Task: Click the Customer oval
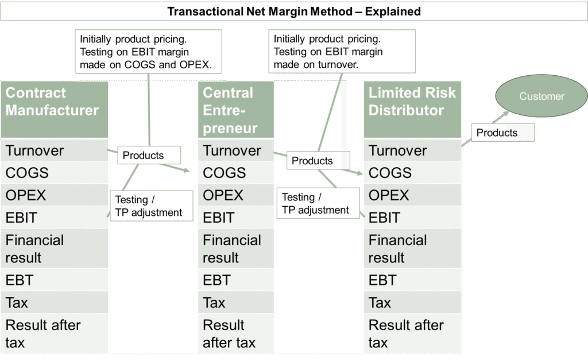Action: tap(541, 96)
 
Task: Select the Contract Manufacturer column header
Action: tap(54, 109)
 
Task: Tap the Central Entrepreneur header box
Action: tap(235, 110)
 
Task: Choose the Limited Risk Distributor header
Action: tap(412, 109)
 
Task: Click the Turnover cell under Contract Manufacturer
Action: tap(54, 150)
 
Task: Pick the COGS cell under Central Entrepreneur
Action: tap(235, 173)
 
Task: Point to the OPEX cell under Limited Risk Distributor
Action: tap(412, 195)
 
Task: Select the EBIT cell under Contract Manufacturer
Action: tap(54, 218)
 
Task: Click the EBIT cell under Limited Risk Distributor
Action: tap(412, 218)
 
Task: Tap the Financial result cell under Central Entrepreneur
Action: tap(235, 249)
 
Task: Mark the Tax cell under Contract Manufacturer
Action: tap(54, 302)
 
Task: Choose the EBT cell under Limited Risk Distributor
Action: tap(412, 280)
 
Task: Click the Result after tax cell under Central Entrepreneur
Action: tap(235, 334)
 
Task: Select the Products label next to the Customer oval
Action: tap(497, 133)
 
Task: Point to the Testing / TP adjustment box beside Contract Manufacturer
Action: tap(149, 206)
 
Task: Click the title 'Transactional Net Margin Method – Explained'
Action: tap(294, 11)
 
